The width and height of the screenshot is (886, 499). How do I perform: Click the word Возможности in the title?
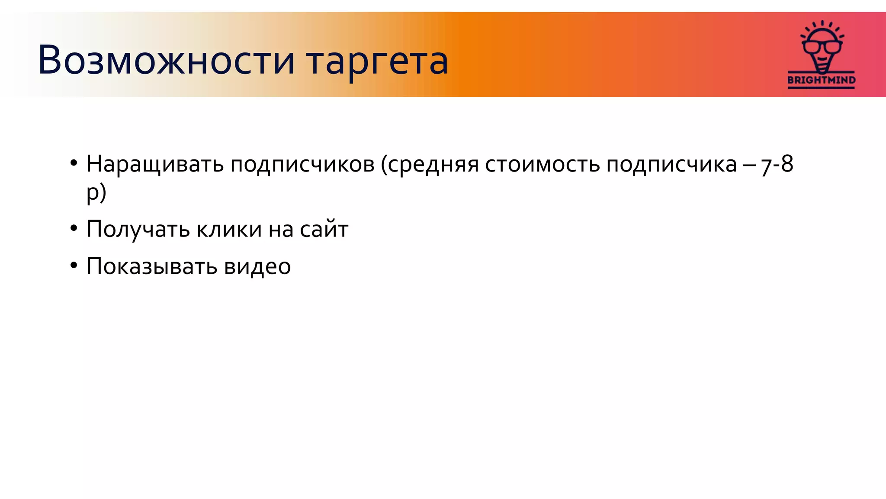tap(166, 60)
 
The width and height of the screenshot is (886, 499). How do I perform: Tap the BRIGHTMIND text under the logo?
tap(821, 80)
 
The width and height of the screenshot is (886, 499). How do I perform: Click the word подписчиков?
tap(302, 165)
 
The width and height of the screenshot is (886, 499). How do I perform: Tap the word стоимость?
tap(542, 165)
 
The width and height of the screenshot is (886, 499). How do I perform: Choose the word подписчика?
tap(671, 165)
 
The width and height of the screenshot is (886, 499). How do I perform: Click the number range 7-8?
tap(777, 165)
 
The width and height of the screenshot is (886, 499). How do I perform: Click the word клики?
tap(229, 229)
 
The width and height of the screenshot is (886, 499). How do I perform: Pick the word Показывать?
tap(151, 266)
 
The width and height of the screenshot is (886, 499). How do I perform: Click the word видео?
tap(257, 266)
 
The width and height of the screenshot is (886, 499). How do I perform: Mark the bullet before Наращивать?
tap(74, 163)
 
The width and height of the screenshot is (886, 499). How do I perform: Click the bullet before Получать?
tap(74, 228)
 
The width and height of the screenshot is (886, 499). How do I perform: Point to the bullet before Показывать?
tap(74, 265)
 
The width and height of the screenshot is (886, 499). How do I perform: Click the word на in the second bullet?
tap(281, 230)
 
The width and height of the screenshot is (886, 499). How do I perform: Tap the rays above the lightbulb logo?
tap(822, 26)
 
